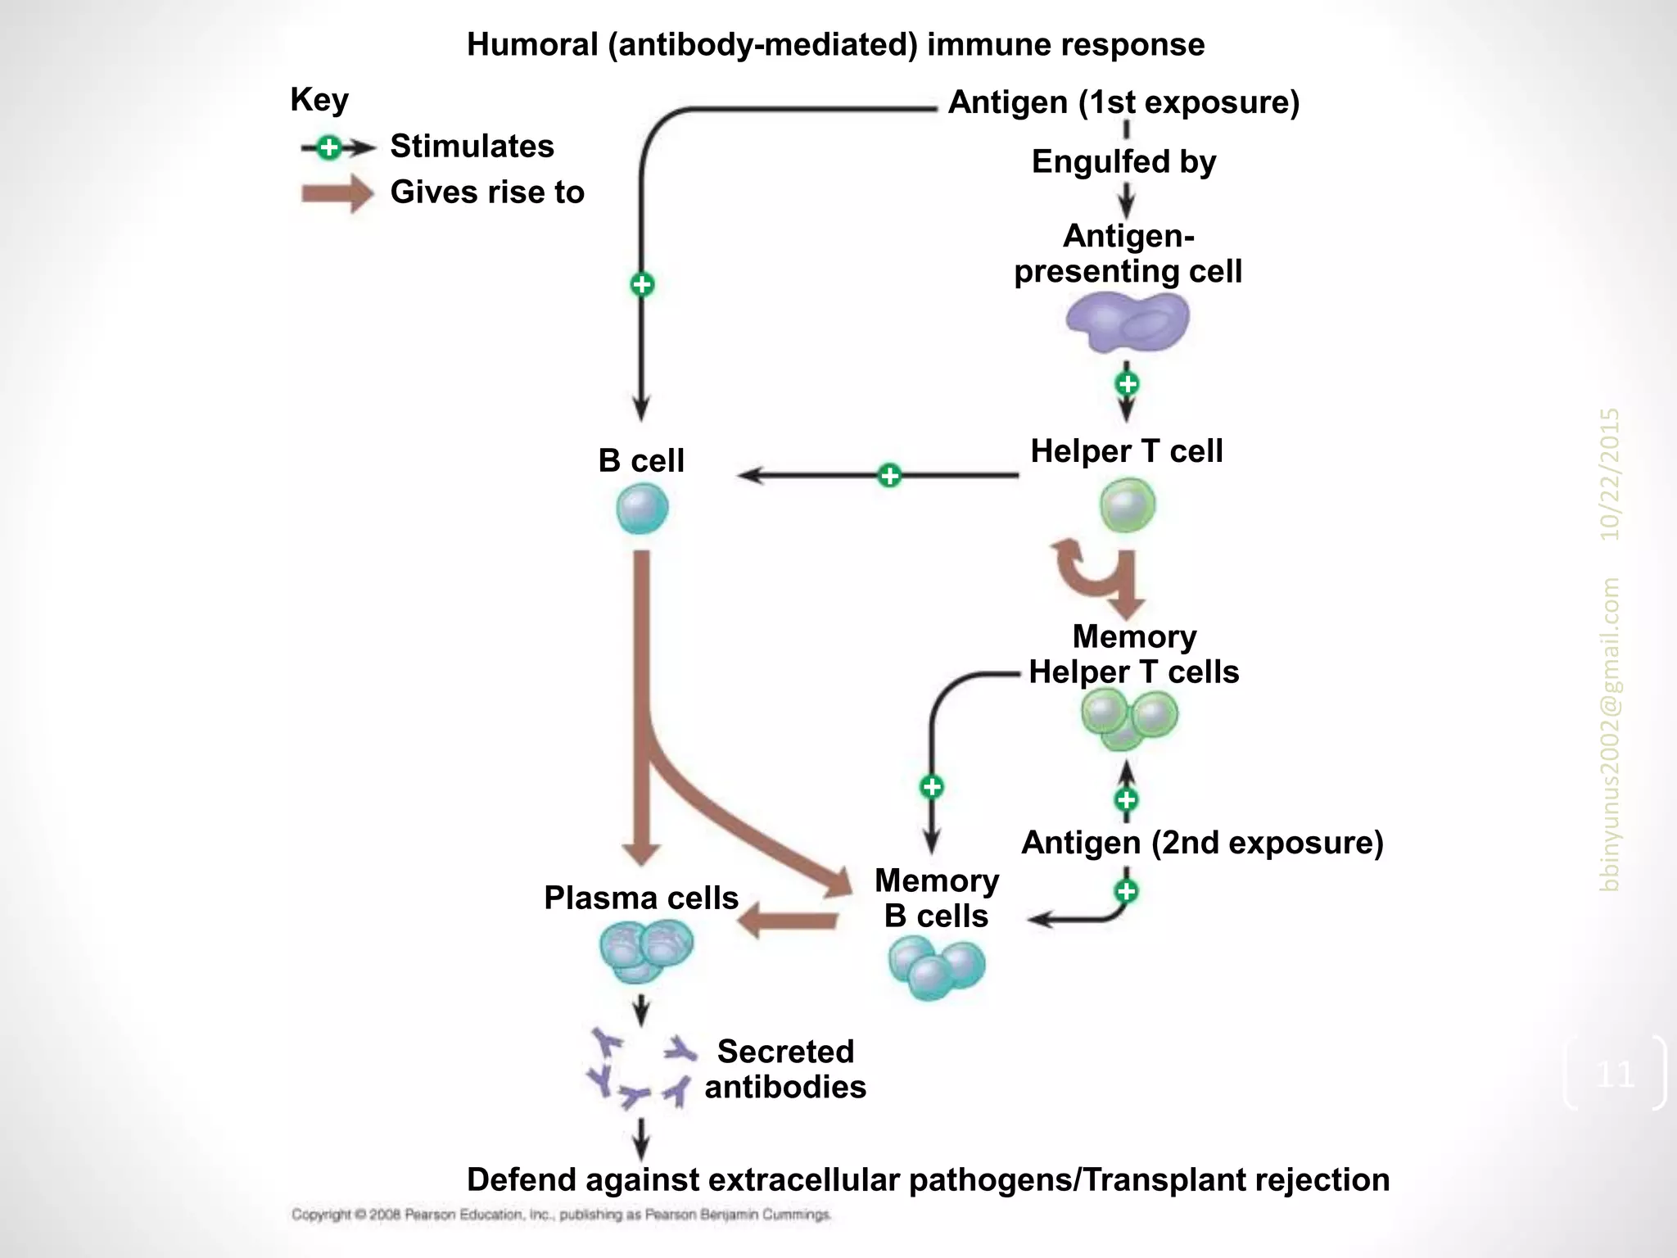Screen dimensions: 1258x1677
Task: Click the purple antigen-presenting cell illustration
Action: pos(1128,323)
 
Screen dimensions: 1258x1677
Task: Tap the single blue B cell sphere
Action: pos(642,509)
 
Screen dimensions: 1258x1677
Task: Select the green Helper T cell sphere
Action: pos(1128,505)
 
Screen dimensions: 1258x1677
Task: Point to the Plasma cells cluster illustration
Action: pos(646,950)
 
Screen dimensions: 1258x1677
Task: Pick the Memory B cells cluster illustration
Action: pos(937,967)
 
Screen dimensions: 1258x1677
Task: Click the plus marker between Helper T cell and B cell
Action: pos(889,475)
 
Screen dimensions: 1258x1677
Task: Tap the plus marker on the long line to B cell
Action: pos(642,284)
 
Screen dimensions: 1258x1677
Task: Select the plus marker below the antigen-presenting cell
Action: pos(1128,383)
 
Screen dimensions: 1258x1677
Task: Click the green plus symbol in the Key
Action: pos(329,147)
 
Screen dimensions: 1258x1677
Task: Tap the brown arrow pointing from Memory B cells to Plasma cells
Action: pos(788,921)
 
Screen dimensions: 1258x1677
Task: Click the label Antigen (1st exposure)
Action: pos(1123,102)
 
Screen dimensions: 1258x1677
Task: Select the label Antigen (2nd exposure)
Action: pos(1202,843)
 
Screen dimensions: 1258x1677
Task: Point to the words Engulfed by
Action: pos(1123,161)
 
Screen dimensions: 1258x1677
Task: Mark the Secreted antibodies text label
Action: pos(785,1069)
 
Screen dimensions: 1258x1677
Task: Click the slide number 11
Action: pos(1615,1074)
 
